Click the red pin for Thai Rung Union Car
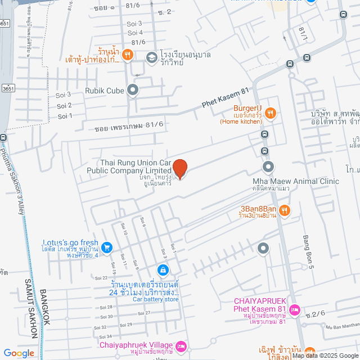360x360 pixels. click(179, 168)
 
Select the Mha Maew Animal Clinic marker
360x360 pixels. click(268, 166)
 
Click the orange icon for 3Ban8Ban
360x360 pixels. click(285, 210)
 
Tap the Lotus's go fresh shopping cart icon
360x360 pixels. click(107, 246)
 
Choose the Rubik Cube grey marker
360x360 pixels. click(133, 89)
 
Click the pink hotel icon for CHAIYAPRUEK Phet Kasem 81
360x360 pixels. click(296, 310)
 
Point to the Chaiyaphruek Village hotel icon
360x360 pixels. click(181, 345)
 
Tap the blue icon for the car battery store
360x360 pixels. click(163, 271)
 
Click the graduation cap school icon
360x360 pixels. click(151, 57)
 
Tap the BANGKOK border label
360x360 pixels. click(46, 307)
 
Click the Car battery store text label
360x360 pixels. click(155, 300)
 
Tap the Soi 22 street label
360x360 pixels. click(101, 277)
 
